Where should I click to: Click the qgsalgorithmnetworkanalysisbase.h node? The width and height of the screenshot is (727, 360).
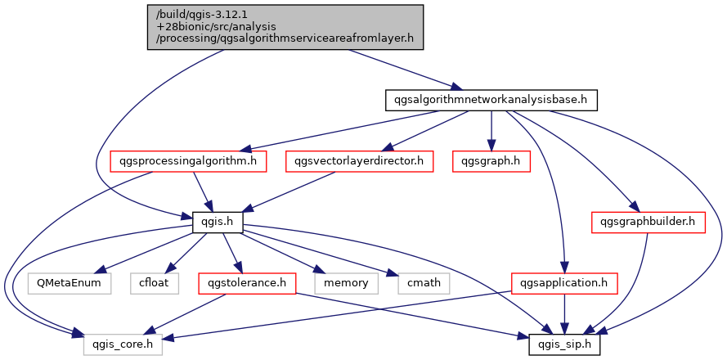[491, 101]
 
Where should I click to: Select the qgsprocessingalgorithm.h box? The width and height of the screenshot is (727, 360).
[188, 161]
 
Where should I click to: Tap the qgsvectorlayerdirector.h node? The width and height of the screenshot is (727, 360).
[359, 161]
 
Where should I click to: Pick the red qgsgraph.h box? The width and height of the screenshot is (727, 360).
[491, 161]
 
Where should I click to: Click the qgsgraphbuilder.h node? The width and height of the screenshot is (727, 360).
[648, 221]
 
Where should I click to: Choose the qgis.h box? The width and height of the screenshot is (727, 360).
[209, 221]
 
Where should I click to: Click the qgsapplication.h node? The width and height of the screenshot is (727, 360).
[563, 284]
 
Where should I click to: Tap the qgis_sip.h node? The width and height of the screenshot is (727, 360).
[564, 344]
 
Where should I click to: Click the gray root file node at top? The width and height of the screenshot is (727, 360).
[285, 27]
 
